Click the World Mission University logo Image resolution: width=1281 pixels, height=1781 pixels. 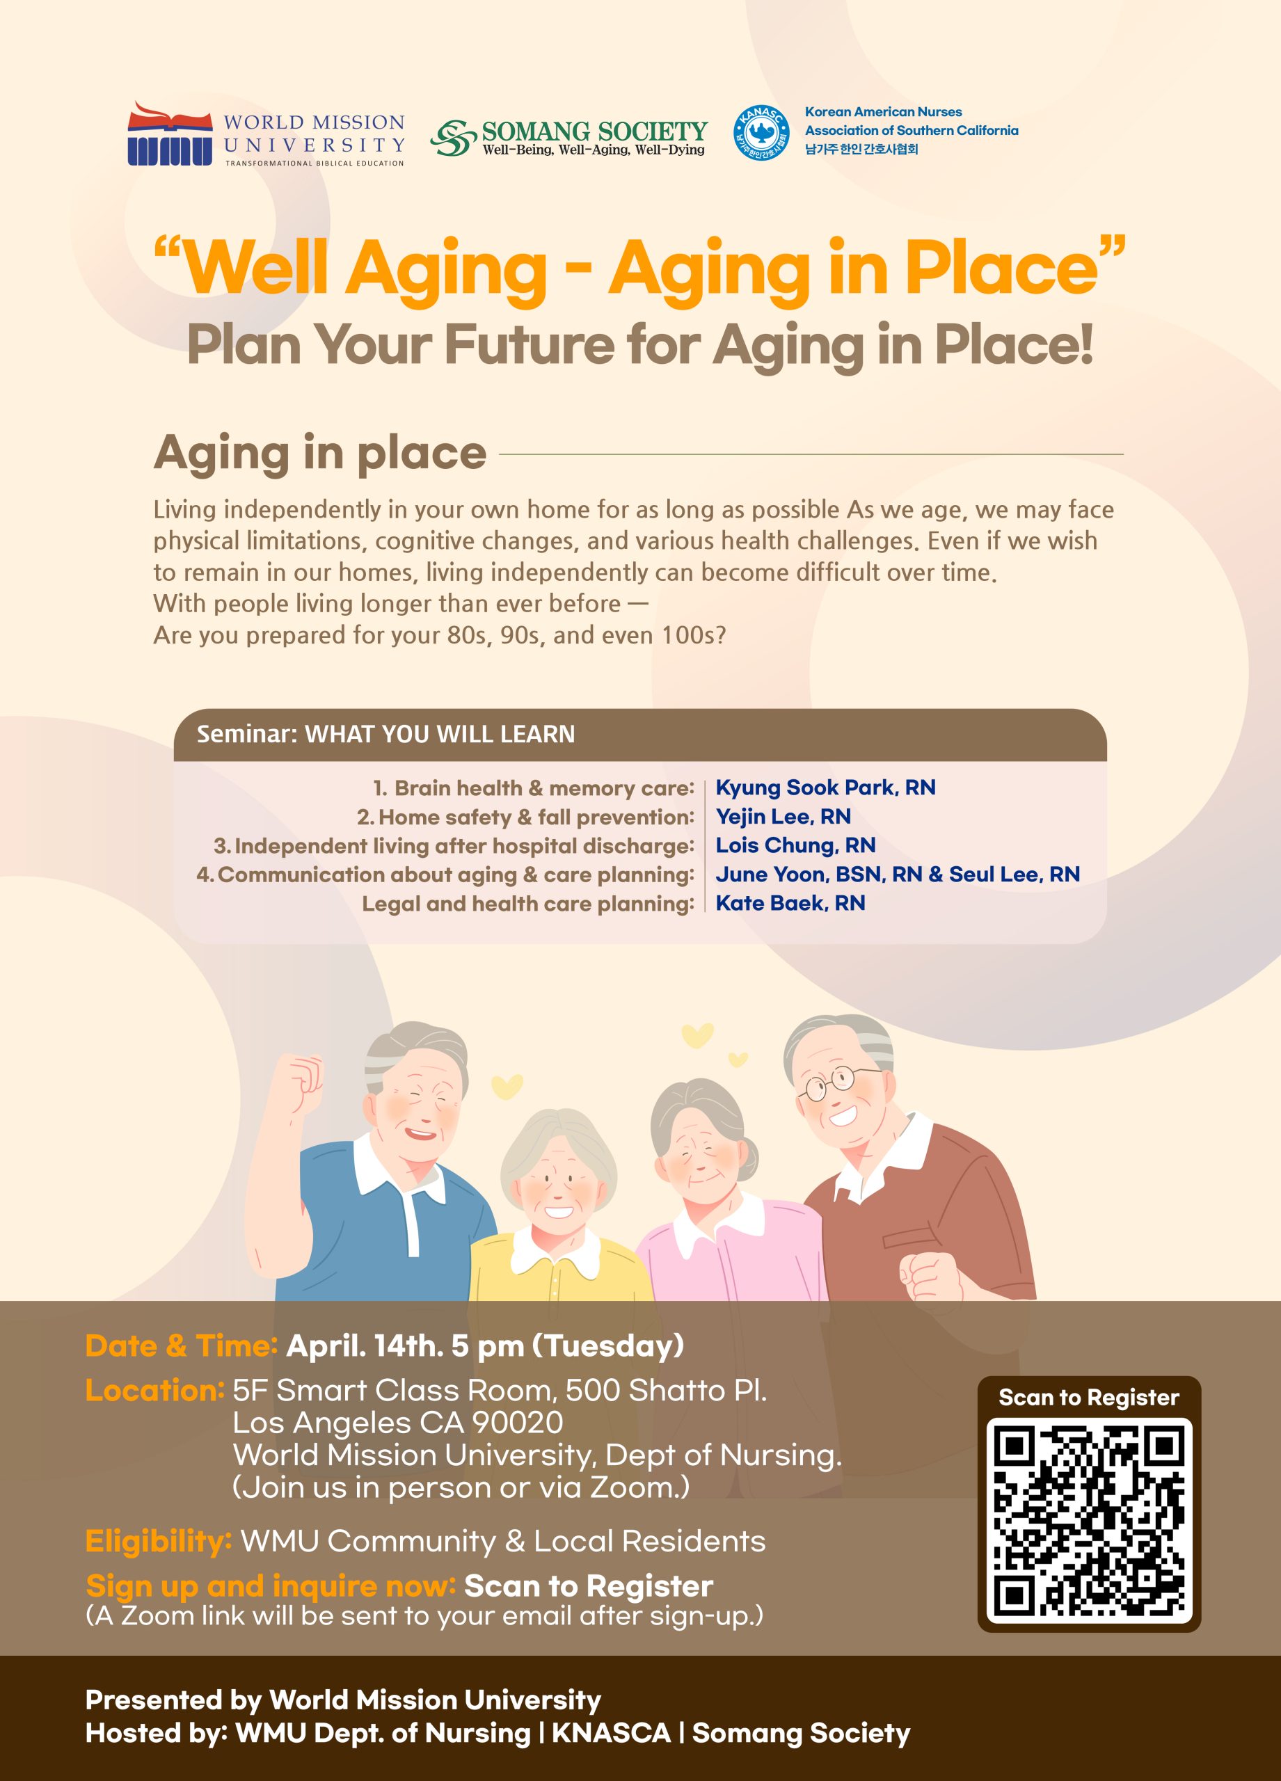pyautogui.click(x=266, y=134)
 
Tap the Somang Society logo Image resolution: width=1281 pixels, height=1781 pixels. pyautogui.click(x=568, y=138)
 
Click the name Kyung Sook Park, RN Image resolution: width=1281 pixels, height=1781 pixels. pyautogui.click(x=825, y=788)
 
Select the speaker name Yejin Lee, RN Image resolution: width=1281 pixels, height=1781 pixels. pyautogui.click(x=783, y=817)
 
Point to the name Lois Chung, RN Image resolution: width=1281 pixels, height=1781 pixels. pyautogui.click(x=795, y=845)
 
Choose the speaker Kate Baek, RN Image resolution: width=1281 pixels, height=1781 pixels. pyautogui.click(x=790, y=903)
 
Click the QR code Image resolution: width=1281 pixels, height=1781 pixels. pyautogui.click(x=1088, y=1520)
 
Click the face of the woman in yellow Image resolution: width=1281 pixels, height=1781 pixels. pyautogui.click(x=556, y=1184)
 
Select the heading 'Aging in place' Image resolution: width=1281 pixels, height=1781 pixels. pyautogui.click(x=319, y=453)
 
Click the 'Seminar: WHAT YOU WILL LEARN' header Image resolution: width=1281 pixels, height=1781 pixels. pyautogui.click(x=385, y=734)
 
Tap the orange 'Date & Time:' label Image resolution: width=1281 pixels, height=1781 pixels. pyautogui.click(x=182, y=1345)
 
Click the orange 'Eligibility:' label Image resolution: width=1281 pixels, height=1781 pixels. pyautogui.click(x=159, y=1542)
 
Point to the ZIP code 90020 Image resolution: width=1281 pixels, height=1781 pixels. pyautogui.click(x=518, y=1422)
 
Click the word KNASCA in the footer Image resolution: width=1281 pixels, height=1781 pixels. pyautogui.click(x=611, y=1732)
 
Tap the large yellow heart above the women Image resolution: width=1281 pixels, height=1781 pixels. pyautogui.click(x=698, y=1036)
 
